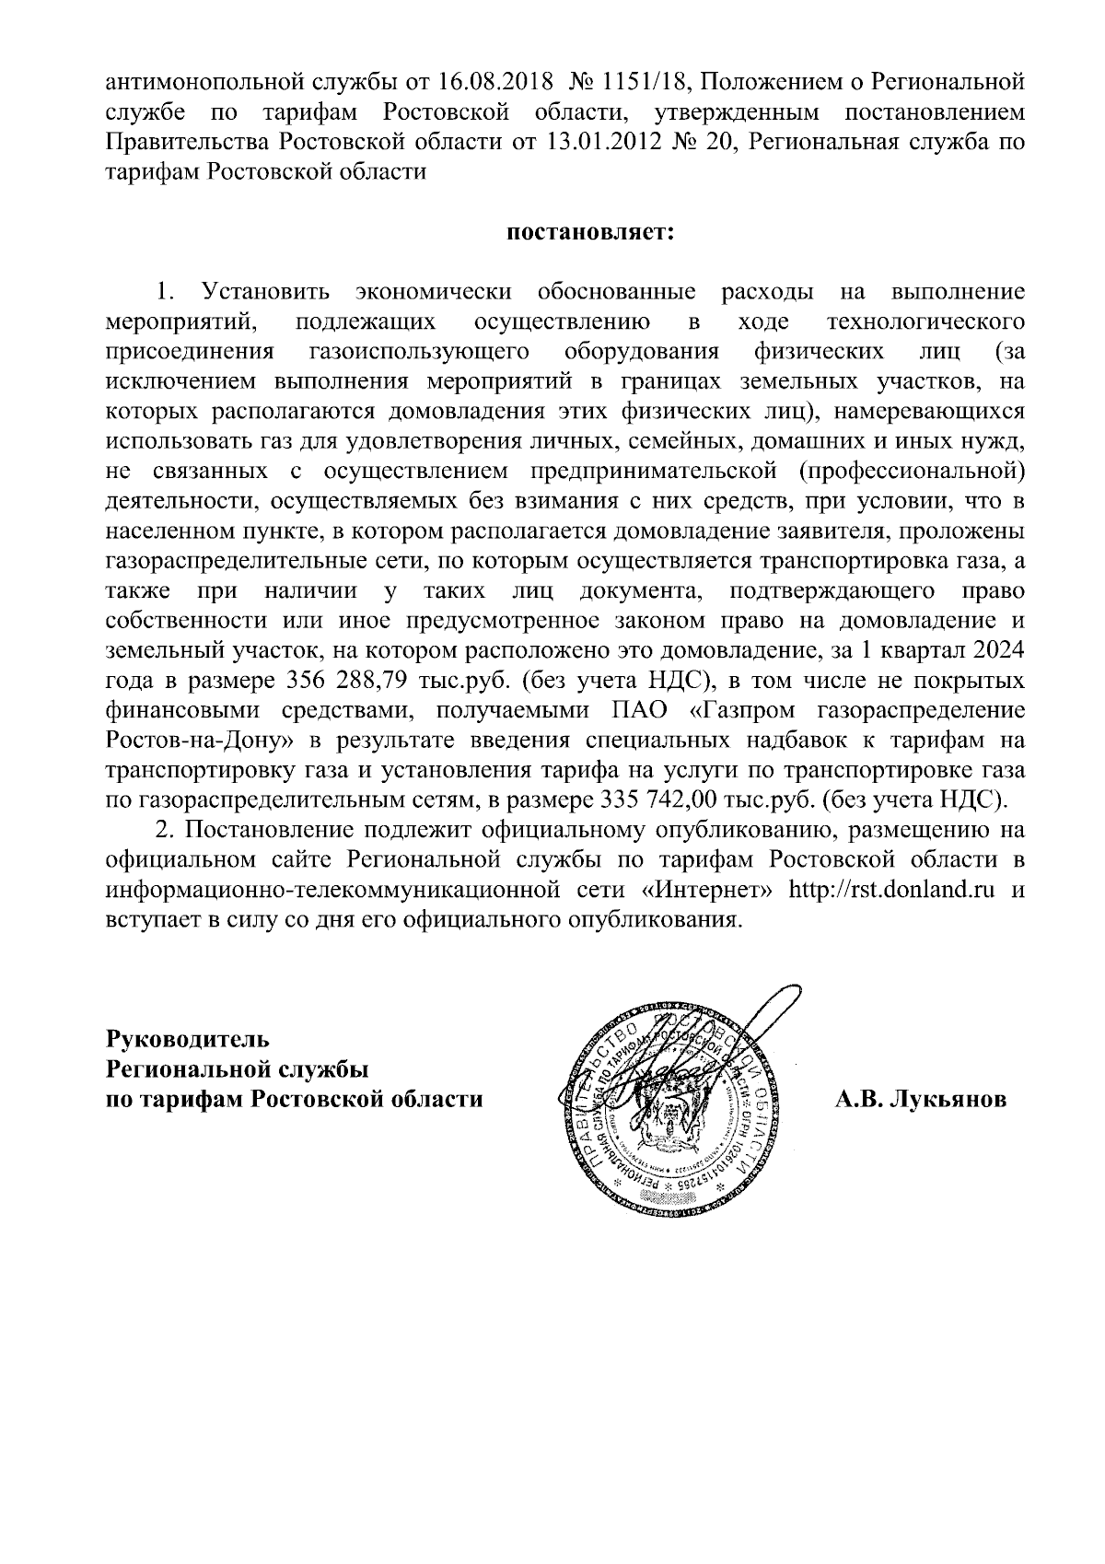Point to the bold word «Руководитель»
(188, 1038)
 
